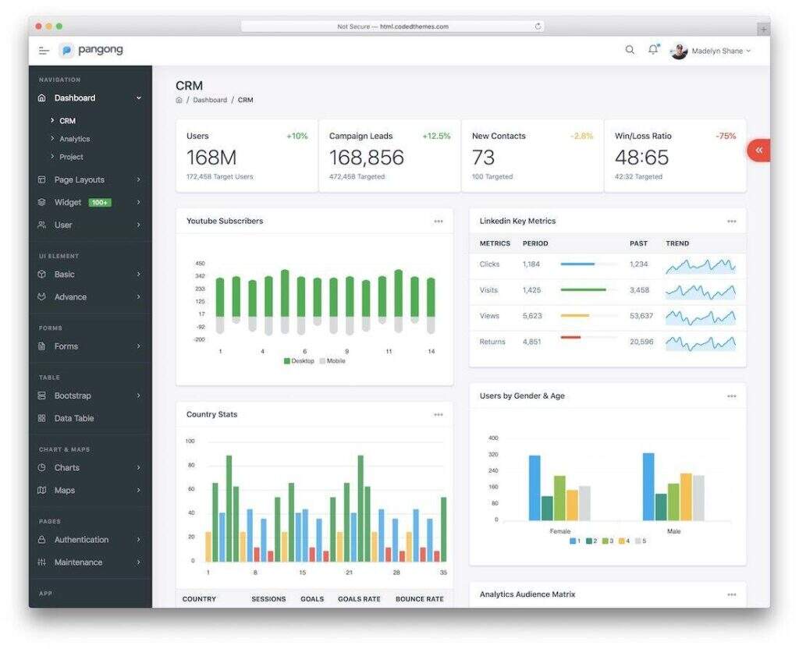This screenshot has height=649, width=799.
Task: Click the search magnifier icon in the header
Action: pos(630,50)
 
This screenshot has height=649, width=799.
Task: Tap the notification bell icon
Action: pos(653,50)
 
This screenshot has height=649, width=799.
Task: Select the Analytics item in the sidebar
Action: pos(75,139)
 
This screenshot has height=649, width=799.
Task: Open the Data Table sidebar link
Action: pos(74,418)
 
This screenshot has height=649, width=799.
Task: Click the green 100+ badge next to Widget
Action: pos(100,203)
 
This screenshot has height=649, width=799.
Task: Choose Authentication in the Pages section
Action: pos(81,540)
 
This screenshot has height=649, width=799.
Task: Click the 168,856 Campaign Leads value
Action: pos(366,158)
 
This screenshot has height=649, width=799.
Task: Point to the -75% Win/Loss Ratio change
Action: pos(726,136)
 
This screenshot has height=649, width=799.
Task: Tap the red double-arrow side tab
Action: pos(758,150)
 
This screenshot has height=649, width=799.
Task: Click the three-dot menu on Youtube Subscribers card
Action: pos(439,222)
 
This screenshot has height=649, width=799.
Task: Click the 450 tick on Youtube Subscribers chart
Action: pos(201,264)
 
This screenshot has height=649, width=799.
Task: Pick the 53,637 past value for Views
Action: pos(641,316)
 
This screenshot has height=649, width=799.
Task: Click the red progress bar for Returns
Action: pos(570,337)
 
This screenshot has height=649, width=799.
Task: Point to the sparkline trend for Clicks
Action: pos(700,265)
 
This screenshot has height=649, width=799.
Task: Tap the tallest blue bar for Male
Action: pos(648,487)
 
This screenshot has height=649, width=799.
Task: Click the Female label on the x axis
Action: pos(560,531)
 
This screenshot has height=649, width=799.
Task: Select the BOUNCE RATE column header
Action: pos(419,599)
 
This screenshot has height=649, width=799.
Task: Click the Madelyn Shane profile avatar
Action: pos(679,51)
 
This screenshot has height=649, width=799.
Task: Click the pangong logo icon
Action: pos(66,51)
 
